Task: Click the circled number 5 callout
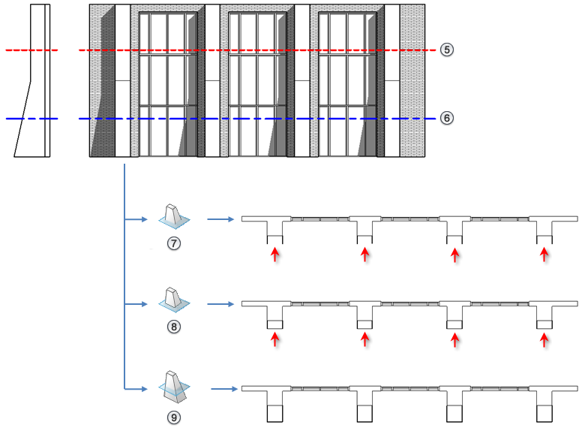coord(446,50)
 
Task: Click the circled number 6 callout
coord(446,119)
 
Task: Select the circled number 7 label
coord(174,243)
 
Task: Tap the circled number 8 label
coord(174,327)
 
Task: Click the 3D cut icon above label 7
coord(174,216)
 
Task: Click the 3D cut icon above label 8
coord(174,300)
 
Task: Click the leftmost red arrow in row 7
coord(275,255)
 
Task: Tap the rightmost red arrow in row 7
coord(544,255)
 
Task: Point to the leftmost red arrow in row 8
coord(275,339)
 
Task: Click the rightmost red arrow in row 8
coord(544,339)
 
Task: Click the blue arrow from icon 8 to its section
coord(220,304)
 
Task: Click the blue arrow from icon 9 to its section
coord(223,389)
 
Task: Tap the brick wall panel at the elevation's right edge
coord(412,80)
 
